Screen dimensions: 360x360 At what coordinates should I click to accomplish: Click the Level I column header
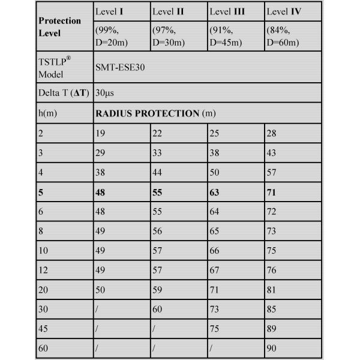109,11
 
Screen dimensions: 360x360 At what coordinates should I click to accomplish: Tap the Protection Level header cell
59,27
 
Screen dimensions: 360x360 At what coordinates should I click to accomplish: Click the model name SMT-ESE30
119,68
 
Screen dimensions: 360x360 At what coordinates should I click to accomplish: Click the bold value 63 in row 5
215,194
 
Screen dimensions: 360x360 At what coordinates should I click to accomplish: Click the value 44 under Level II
157,173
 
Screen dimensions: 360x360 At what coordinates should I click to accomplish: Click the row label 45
43,328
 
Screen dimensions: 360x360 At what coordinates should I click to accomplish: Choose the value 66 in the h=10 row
215,251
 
